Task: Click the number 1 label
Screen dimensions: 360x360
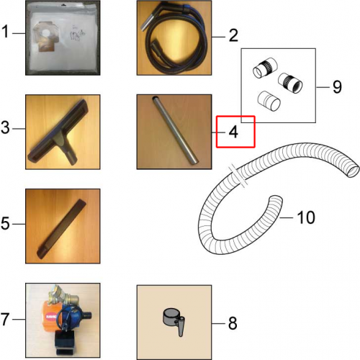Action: click(5, 32)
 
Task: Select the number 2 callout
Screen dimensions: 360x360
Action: click(233, 35)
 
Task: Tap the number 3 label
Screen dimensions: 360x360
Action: click(5, 127)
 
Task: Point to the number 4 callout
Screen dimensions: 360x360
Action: click(233, 132)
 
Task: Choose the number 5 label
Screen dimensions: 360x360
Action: click(5, 223)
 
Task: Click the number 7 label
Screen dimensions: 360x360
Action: click(5, 319)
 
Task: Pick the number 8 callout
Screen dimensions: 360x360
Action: click(233, 323)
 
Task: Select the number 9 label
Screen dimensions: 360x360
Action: click(337, 86)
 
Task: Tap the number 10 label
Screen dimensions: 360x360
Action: click(306, 217)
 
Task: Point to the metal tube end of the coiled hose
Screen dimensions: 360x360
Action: click(145, 22)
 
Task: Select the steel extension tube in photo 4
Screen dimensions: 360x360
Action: click(175, 130)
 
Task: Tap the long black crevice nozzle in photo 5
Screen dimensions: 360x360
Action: click(61, 228)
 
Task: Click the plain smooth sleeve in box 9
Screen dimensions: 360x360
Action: click(269, 101)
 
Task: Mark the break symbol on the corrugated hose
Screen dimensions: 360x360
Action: click(238, 175)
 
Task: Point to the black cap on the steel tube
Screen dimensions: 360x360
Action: click(155, 98)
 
